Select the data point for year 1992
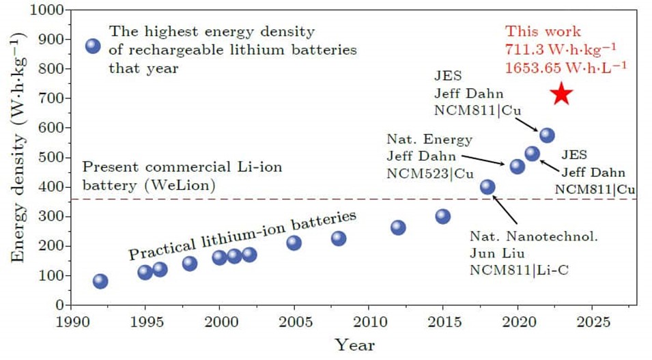click(x=100, y=281)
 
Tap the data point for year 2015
click(x=443, y=217)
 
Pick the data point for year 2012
click(x=398, y=227)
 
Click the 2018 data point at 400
click(x=487, y=187)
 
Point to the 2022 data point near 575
click(x=548, y=135)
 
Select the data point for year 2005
click(x=294, y=243)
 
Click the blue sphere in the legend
click(x=93, y=46)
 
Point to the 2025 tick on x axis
click(x=592, y=320)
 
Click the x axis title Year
click(x=354, y=345)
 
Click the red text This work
click(x=543, y=31)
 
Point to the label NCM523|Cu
click(x=430, y=173)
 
